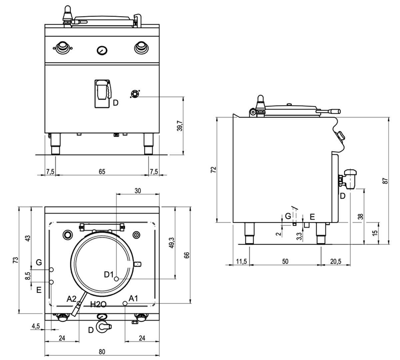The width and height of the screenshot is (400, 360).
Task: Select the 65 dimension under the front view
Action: tap(102, 171)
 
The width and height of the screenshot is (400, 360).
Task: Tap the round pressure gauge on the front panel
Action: tap(102, 50)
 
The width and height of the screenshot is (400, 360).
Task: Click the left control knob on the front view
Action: tap(62, 48)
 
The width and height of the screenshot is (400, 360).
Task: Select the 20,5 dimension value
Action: tap(335, 262)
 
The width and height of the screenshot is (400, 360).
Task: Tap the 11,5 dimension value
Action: tap(241, 262)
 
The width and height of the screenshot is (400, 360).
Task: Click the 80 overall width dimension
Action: tap(102, 351)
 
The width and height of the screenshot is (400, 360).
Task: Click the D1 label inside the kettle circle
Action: tap(109, 275)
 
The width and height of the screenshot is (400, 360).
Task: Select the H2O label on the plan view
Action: tap(98, 304)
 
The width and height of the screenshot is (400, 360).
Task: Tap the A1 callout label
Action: tap(133, 298)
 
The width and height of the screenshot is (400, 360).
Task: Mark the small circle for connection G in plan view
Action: tap(51, 269)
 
